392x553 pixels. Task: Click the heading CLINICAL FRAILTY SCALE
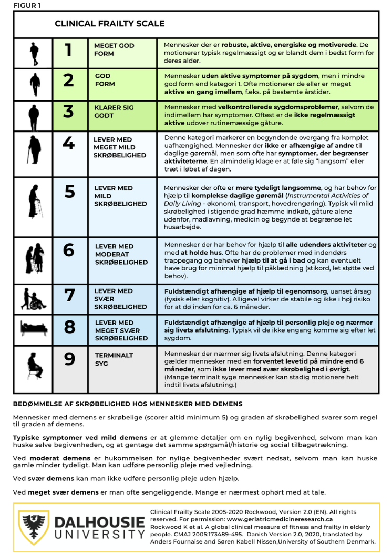[109, 24]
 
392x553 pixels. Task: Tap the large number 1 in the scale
[68, 50]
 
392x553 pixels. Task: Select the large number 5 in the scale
[69, 192]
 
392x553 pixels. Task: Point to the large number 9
[69, 359]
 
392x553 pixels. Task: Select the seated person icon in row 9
[34, 364]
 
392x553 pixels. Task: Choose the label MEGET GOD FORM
[114, 49]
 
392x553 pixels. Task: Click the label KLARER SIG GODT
[114, 111]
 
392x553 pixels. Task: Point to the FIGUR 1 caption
[27, 6]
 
